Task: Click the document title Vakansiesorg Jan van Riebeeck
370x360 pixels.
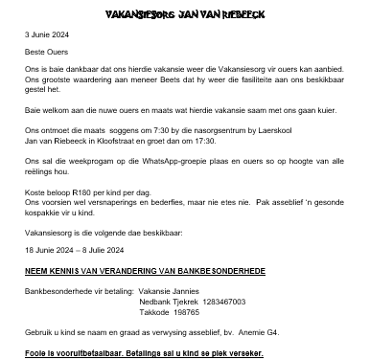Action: click(184, 15)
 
